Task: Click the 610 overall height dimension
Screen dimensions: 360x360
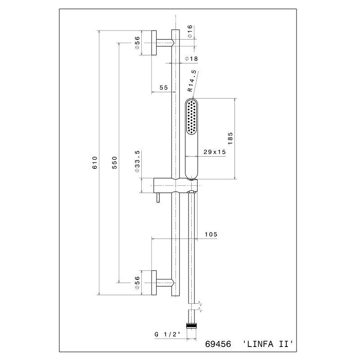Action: point(94,162)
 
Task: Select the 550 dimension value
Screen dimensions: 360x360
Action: point(115,162)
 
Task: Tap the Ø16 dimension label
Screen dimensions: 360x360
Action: point(189,31)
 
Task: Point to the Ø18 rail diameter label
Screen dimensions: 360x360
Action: point(191,59)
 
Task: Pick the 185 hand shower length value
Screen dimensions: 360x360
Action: point(230,139)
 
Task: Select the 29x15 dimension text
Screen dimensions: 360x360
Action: point(215,152)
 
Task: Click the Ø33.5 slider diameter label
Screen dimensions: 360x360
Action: point(137,162)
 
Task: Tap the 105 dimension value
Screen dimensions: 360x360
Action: point(211,234)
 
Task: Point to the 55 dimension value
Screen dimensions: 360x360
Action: point(164,87)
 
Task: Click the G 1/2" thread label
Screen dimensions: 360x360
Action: point(167,334)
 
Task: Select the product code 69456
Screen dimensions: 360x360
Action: point(218,344)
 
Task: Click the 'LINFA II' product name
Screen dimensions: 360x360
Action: point(268,344)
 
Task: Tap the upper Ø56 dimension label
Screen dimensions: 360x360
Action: point(137,43)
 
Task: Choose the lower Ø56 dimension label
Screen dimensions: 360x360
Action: point(137,283)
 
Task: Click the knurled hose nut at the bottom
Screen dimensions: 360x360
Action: point(192,325)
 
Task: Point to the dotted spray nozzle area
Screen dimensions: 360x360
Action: point(192,117)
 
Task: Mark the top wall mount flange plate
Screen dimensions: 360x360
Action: point(154,43)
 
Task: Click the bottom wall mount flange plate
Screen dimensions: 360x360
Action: point(154,283)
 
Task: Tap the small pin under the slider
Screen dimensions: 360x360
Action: point(158,198)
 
